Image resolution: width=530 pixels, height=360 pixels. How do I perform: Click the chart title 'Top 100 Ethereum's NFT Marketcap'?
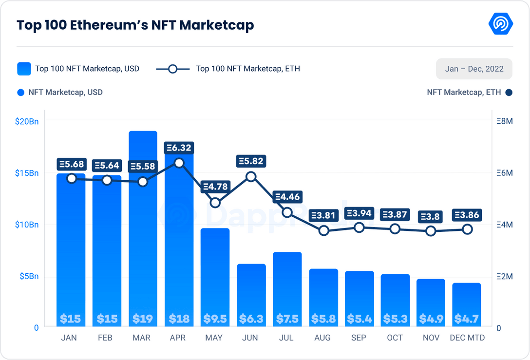[x=135, y=25]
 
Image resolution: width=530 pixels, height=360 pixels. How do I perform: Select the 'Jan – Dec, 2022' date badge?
[x=474, y=69]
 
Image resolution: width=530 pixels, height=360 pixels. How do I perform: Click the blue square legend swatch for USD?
[x=24, y=69]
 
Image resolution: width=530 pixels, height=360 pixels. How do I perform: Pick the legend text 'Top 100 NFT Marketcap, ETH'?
[x=247, y=69]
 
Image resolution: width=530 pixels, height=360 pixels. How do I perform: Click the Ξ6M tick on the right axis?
[x=505, y=173]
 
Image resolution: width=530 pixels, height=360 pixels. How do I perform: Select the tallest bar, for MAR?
[x=143, y=229]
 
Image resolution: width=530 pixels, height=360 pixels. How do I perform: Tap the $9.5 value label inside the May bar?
[x=215, y=319]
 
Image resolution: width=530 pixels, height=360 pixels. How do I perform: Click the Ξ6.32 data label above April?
[x=179, y=148]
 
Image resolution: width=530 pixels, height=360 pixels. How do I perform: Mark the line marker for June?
[x=251, y=176]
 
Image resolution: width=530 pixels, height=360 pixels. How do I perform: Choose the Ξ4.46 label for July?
[x=287, y=197]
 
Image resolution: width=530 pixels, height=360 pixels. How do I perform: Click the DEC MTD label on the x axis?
[x=467, y=338]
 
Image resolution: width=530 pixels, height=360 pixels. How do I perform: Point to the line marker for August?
[x=323, y=230]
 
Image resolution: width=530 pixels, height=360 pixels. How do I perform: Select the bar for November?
[x=431, y=302]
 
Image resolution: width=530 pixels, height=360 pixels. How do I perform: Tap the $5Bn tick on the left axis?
[x=29, y=277]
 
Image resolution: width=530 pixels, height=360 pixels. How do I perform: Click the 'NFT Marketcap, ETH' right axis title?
[x=464, y=92]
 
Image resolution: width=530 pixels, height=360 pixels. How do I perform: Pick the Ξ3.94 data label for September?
[x=359, y=213]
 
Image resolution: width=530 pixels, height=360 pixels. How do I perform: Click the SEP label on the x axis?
[x=359, y=338]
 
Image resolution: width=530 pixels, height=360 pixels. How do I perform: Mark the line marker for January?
[x=72, y=178]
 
